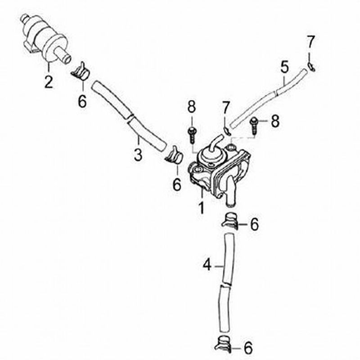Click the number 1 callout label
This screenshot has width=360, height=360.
pyautogui.click(x=201, y=207)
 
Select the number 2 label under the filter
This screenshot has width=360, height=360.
pyautogui.click(x=49, y=81)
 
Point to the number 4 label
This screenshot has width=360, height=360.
pyautogui.click(x=207, y=265)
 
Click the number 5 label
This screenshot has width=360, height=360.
pyautogui.click(x=284, y=67)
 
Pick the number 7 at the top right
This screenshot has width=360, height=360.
pyautogui.click(x=310, y=42)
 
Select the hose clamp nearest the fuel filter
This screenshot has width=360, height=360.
pyautogui.click(x=81, y=71)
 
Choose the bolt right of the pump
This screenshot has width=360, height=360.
pyautogui.click(x=254, y=126)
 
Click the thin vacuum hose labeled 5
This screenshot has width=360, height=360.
pyautogui.click(x=269, y=98)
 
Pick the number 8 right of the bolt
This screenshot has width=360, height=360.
pyautogui.click(x=275, y=121)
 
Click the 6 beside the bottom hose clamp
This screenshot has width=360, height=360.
pyautogui.click(x=248, y=348)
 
